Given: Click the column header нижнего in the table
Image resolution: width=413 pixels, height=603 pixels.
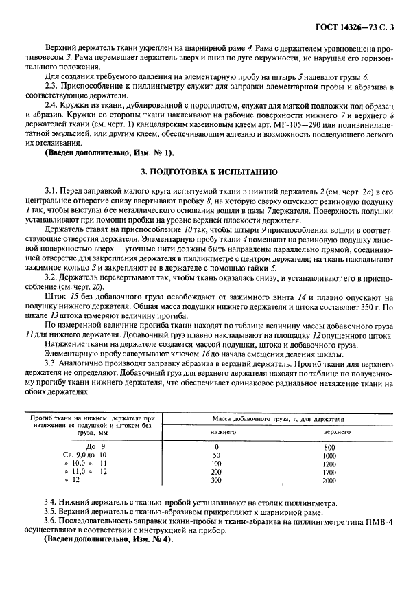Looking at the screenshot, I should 223,432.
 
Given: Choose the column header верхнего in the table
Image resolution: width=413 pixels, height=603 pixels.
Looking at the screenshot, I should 337,432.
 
